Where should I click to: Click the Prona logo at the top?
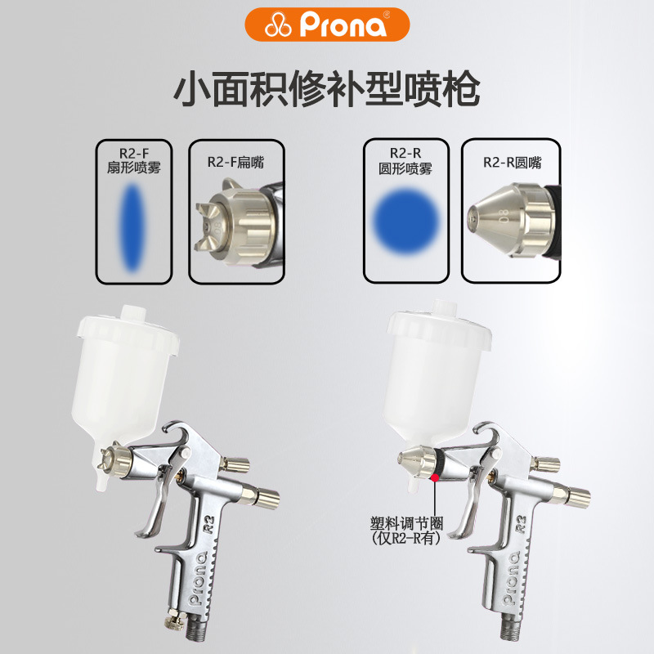pos(326,25)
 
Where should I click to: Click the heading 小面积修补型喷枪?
pos(326,90)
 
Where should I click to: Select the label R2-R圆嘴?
pos(512,162)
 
